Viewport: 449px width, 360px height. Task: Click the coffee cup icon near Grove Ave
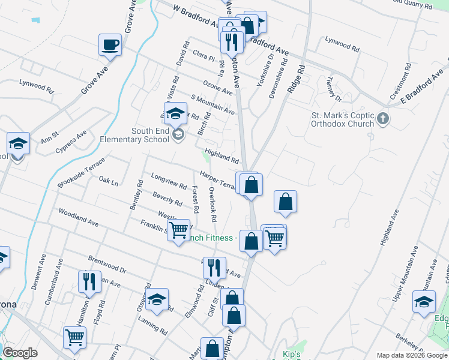coord(110,45)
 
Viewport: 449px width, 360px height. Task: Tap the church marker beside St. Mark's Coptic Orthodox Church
coord(385,119)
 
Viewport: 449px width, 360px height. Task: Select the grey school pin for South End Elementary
coord(178,134)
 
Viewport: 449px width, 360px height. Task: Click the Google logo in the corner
coord(20,353)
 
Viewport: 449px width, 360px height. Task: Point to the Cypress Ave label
coord(71,142)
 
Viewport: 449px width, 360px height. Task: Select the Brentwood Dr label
coord(107,265)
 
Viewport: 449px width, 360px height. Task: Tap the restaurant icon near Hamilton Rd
coord(87,283)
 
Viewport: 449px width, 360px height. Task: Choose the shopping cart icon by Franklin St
coord(179,230)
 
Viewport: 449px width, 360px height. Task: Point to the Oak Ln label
coord(109,181)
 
